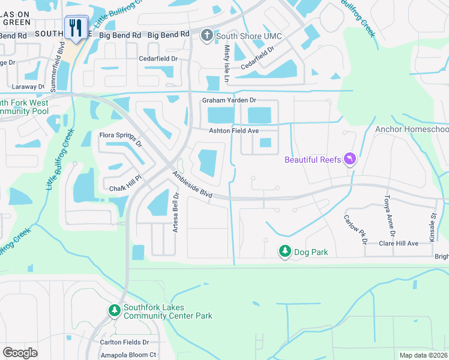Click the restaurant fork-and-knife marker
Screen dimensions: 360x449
(x=76, y=28)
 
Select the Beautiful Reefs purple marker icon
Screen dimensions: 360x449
(x=351, y=159)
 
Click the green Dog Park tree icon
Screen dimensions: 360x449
(x=285, y=252)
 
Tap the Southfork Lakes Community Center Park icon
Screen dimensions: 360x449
(x=114, y=310)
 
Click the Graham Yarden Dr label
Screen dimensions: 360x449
(x=229, y=100)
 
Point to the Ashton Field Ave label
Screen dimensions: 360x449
(x=234, y=131)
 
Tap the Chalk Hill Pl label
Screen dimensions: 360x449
(x=124, y=188)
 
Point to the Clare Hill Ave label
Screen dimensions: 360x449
(x=398, y=244)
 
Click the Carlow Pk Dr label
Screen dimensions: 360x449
(x=355, y=229)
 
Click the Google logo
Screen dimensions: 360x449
(x=20, y=352)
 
